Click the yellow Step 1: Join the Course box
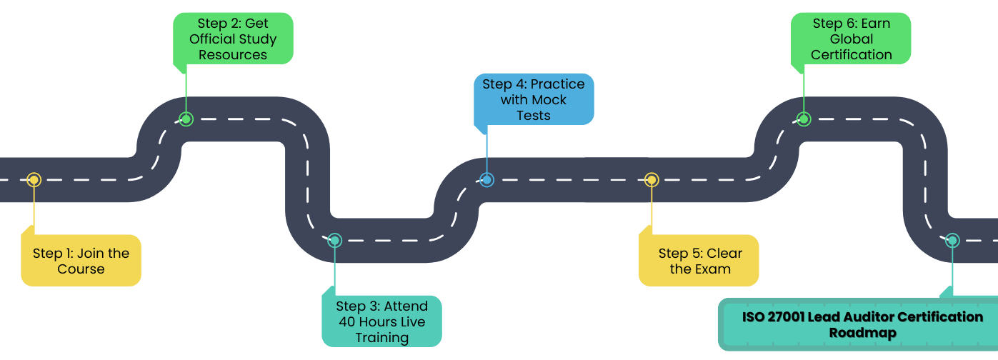point(81,261)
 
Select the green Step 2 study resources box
point(233,39)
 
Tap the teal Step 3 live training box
point(381,321)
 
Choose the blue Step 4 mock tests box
point(533,99)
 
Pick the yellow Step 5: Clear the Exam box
point(699,261)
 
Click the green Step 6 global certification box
point(851,39)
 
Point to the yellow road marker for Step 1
point(34,180)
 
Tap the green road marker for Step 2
point(186,119)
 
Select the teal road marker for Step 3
point(334,241)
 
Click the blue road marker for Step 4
point(486,180)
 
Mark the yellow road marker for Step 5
point(652,180)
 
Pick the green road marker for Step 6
point(804,119)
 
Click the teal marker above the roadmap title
point(952,241)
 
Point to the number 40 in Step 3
point(350,322)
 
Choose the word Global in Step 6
point(851,39)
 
